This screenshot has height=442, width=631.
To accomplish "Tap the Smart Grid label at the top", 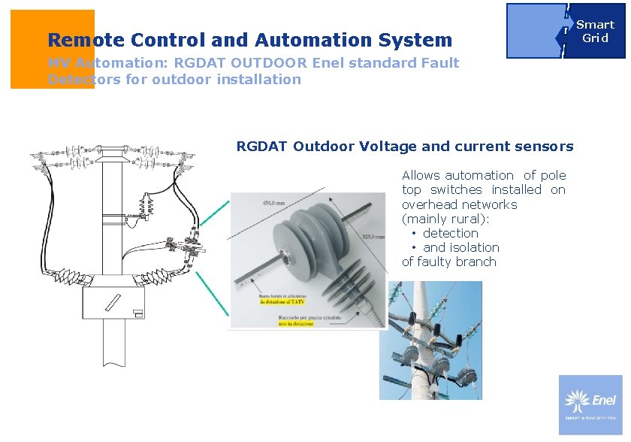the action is (595, 31).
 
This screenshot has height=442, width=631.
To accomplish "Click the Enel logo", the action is (590, 404).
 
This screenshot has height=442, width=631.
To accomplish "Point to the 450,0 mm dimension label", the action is (273, 202).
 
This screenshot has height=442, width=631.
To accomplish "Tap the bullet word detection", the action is (451, 233).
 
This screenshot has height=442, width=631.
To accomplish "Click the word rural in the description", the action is (467, 219).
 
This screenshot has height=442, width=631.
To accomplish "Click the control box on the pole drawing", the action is (113, 304).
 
